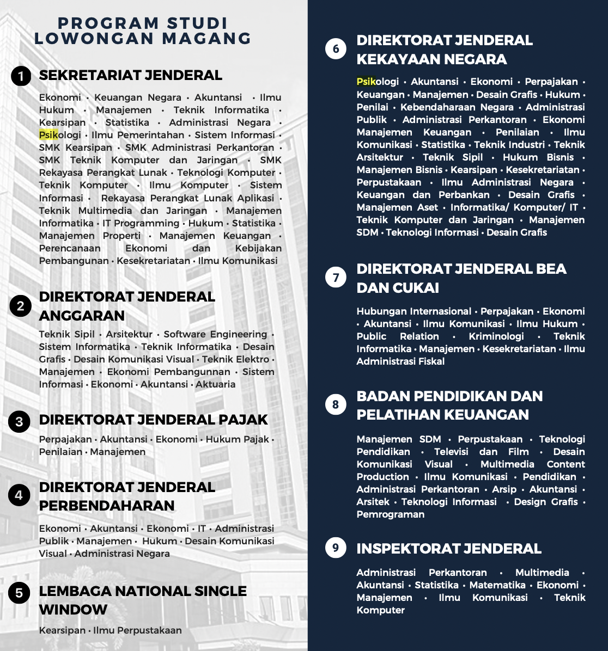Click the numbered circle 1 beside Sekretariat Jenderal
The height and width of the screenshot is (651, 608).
click(21, 76)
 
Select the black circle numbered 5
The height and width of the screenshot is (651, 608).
click(19, 593)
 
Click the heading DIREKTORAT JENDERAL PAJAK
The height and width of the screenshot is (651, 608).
click(153, 420)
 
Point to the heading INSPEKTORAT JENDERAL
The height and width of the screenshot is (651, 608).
click(448, 549)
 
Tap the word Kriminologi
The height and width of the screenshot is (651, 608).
click(496, 336)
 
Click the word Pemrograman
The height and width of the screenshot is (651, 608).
click(390, 514)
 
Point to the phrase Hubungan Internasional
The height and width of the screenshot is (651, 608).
click(414, 311)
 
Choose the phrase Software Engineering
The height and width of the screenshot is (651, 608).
click(215, 334)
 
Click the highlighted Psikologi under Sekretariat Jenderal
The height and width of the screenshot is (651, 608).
click(60, 135)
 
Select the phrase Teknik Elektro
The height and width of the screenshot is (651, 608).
click(235, 359)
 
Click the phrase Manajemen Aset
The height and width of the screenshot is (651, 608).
click(397, 207)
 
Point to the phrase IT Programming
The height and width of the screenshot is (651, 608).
click(141, 223)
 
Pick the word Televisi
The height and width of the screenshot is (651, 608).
click(451, 452)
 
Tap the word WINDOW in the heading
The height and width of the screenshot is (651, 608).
click(73, 610)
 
